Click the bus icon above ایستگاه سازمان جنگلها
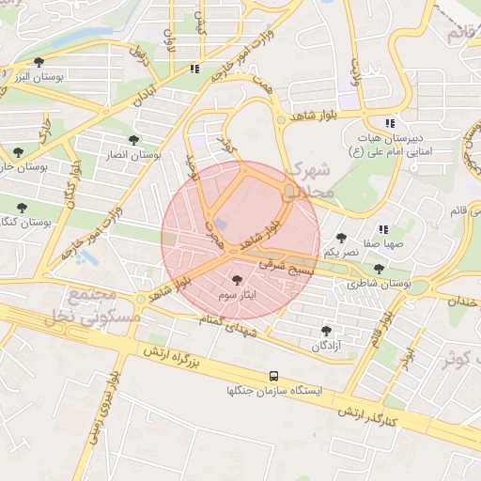point(273,375)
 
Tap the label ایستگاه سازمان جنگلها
point(273,390)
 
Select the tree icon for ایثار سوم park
point(236,280)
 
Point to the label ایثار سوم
point(236,295)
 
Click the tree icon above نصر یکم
point(341,238)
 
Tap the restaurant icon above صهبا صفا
point(382,228)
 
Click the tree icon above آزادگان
point(326,331)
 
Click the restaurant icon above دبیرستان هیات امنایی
point(390,123)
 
